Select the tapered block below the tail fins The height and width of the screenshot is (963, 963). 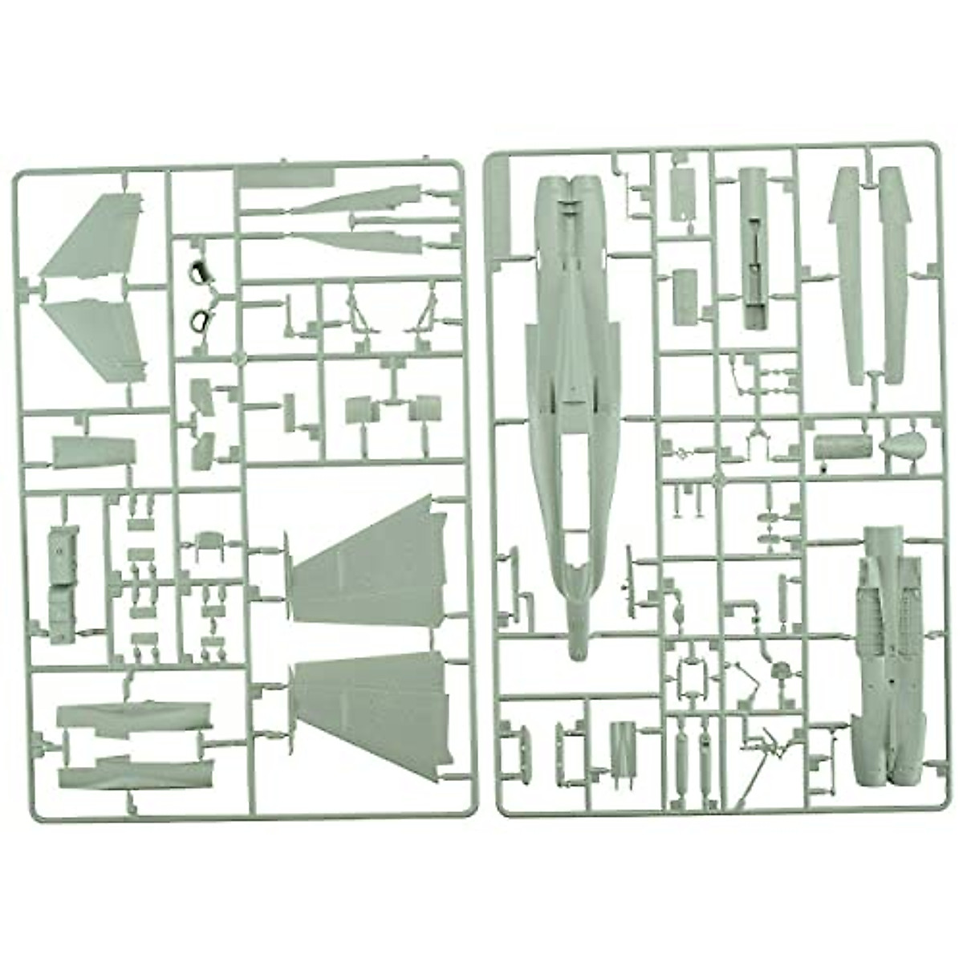[92, 451]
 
